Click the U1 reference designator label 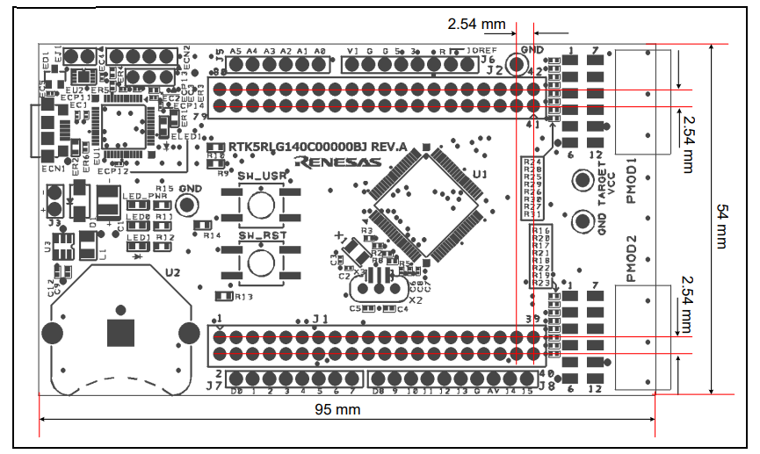click(480, 175)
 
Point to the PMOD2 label click(631, 259)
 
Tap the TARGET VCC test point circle click(581, 180)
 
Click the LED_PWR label click(145, 197)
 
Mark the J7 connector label click(214, 385)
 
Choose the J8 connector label click(544, 385)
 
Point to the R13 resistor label click(243, 297)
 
